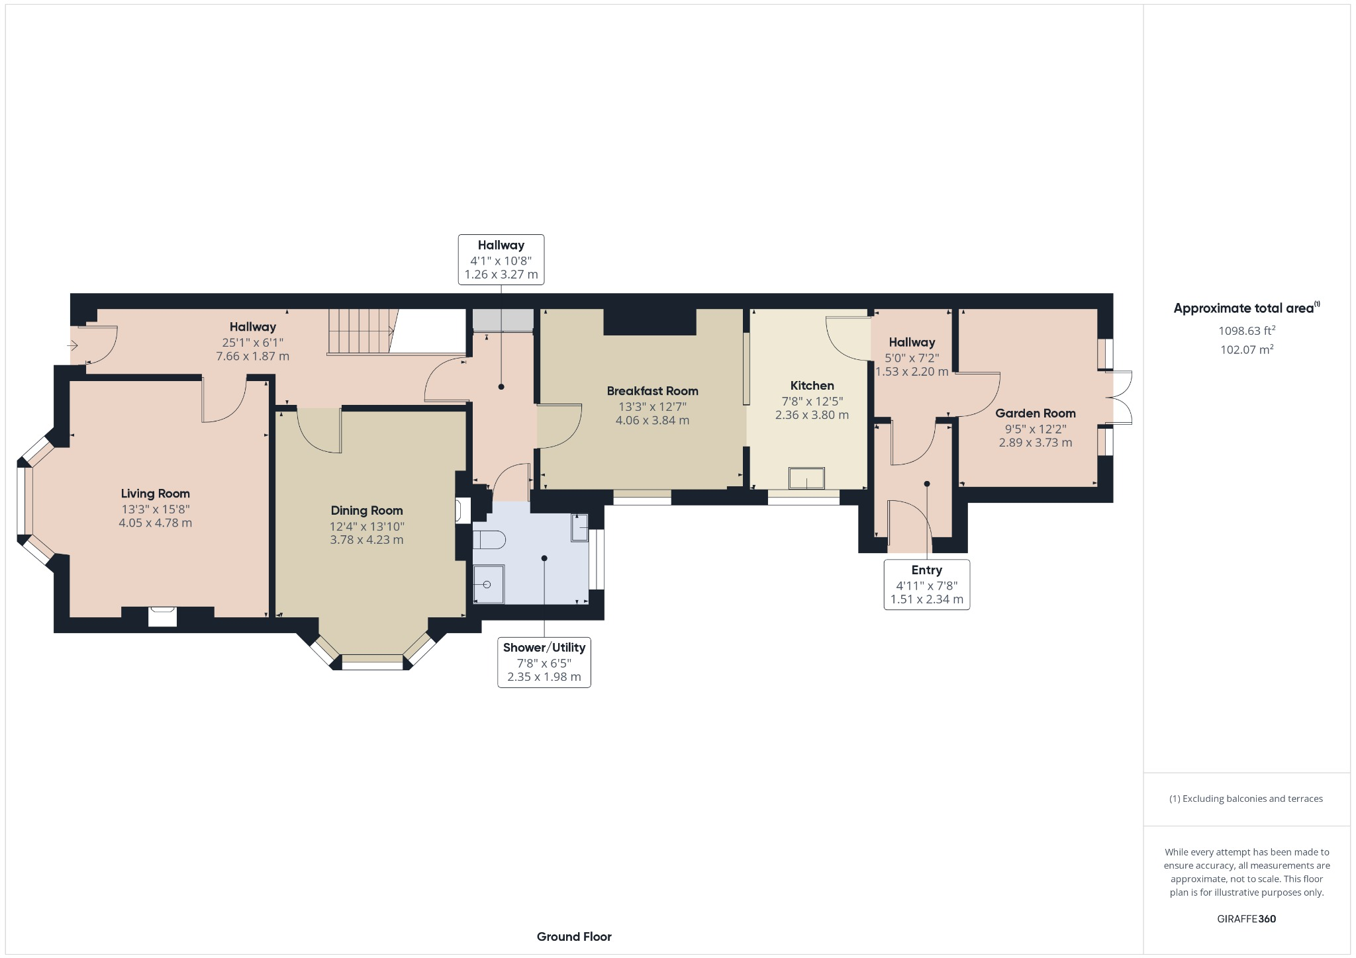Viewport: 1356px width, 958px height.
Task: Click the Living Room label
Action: tap(155, 494)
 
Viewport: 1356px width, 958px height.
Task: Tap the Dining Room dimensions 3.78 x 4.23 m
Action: tap(366, 540)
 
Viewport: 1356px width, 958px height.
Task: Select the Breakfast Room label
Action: tap(652, 391)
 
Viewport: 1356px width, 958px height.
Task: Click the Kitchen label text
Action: tap(812, 386)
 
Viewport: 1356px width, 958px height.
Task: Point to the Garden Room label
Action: tap(1035, 414)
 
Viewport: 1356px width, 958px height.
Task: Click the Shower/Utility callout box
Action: tap(544, 662)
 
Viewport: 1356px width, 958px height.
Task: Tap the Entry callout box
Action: tap(926, 585)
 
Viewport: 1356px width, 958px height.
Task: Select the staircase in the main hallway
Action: tap(361, 331)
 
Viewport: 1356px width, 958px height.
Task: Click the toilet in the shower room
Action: tap(489, 541)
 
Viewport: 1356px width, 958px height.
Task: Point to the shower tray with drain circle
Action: tap(489, 584)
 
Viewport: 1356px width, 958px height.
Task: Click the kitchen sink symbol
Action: tap(806, 478)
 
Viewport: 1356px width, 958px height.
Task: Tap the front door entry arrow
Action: tap(72, 345)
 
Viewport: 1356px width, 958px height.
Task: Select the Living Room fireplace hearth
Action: tap(162, 617)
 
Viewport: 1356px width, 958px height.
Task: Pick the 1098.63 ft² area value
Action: tap(1246, 331)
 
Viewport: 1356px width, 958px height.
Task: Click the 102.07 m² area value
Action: tap(1246, 349)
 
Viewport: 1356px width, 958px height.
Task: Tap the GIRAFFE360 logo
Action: tap(1246, 919)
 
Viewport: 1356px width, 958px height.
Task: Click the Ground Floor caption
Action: tap(574, 937)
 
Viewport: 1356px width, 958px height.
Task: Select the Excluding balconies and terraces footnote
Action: tap(1246, 799)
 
